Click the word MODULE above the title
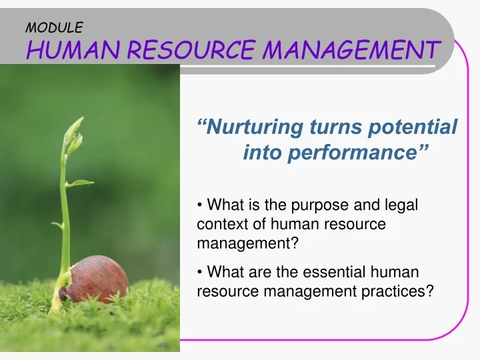click(x=53, y=27)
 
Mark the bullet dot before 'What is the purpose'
click(x=201, y=205)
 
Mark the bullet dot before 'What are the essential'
click(x=201, y=272)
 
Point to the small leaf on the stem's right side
click(x=82, y=182)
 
